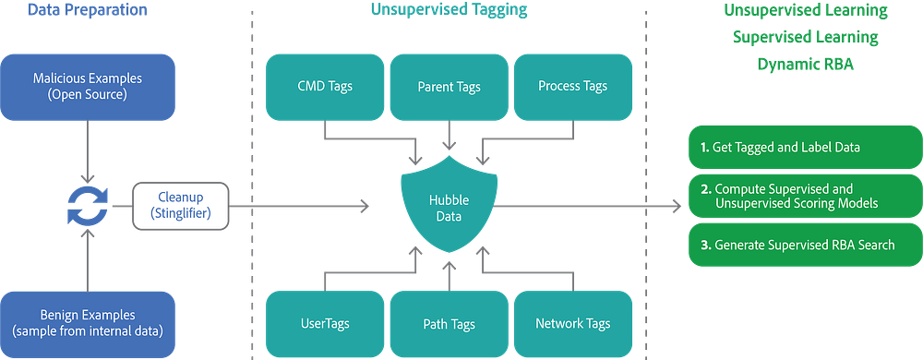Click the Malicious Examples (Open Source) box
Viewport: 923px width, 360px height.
[88, 87]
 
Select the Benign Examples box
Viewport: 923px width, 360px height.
[88, 324]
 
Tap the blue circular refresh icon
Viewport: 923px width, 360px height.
[88, 207]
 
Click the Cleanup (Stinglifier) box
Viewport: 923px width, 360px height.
[181, 206]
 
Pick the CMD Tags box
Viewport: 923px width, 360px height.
[325, 87]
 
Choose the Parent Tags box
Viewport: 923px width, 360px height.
[450, 87]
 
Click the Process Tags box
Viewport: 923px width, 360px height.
[573, 87]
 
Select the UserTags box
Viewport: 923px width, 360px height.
[325, 324]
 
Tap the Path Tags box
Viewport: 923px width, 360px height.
[450, 324]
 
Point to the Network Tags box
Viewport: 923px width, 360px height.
[573, 324]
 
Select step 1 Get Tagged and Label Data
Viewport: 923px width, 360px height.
[805, 147]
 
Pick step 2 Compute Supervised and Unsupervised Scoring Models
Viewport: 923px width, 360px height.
[805, 196]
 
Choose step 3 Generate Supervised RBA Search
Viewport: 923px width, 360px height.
[805, 245]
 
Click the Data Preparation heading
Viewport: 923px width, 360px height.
[87, 10]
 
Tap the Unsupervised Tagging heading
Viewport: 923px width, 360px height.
[450, 10]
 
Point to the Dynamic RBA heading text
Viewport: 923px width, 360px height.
[805, 64]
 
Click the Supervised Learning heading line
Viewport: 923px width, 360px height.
[805, 37]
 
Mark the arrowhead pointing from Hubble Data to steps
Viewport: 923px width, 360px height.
[677, 206]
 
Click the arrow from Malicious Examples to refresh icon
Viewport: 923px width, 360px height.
[88, 151]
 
